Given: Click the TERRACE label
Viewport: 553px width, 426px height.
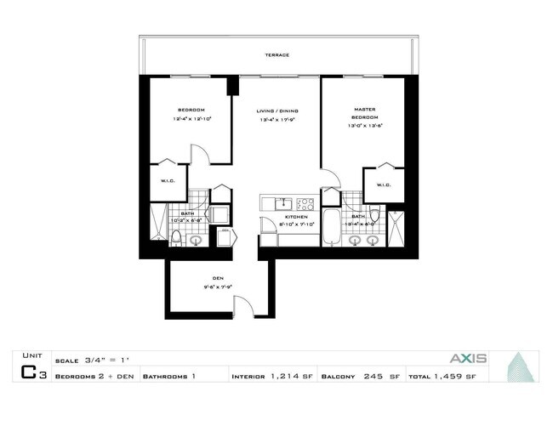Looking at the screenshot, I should click(x=276, y=55).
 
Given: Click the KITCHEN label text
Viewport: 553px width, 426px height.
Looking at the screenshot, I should click(x=285, y=217).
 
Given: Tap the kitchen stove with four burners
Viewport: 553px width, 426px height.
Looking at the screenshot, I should click(x=305, y=204).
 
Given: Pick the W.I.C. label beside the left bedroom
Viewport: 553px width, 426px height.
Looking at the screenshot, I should click(x=168, y=180).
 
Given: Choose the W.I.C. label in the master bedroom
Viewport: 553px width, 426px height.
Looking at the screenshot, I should click(x=379, y=184).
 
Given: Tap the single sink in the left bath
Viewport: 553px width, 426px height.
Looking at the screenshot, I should click(x=195, y=240).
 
